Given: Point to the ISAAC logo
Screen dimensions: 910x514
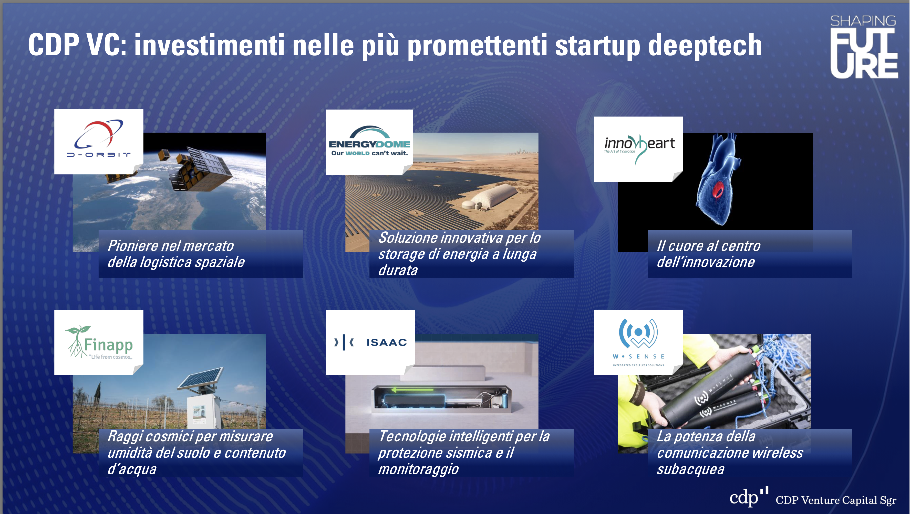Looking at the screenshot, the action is click(x=370, y=342).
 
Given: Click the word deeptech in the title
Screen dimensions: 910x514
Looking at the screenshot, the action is click(x=705, y=45).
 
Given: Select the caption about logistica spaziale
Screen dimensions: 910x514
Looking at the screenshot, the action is click(x=176, y=254).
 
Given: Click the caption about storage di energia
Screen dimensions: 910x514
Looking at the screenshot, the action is click(x=459, y=254).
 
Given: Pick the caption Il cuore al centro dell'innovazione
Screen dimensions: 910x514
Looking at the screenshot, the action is click(x=708, y=254).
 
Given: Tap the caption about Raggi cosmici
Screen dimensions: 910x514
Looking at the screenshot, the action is click(x=197, y=453).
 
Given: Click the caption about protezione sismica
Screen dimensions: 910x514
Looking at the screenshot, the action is click(x=464, y=453).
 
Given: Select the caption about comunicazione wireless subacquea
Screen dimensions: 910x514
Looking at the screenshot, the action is click(x=730, y=453).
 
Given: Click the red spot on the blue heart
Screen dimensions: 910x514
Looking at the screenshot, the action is click(x=718, y=190).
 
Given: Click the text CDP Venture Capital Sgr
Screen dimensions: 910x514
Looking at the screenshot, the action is click(x=835, y=500).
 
